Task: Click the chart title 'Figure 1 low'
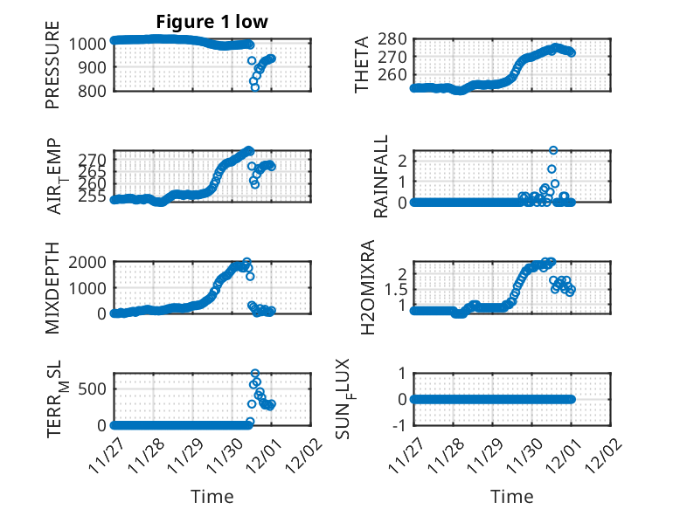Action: click(212, 21)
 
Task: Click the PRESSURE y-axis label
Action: click(53, 65)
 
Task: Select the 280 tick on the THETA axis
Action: click(393, 38)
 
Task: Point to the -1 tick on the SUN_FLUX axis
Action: click(399, 425)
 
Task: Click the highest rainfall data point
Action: click(552, 150)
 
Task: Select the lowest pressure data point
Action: click(255, 87)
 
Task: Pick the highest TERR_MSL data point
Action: click(255, 374)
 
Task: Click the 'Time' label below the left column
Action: click(212, 496)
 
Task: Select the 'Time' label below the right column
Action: click(511, 496)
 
